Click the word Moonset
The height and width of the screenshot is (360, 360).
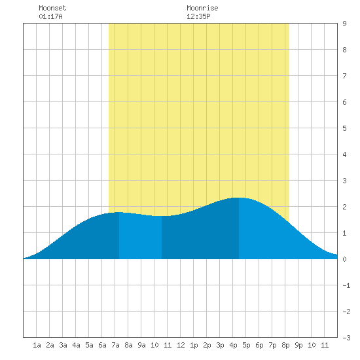(52, 8)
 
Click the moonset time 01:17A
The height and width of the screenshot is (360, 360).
(50, 16)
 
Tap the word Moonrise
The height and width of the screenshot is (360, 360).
(202, 8)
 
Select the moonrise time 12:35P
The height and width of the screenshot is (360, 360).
(198, 16)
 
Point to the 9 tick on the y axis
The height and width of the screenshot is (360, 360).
(344, 24)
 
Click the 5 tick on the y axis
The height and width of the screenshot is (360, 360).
(344, 128)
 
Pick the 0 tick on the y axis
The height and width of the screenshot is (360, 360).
(344, 259)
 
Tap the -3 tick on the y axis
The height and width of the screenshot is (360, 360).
(346, 338)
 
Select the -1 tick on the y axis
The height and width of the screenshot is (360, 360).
(346, 285)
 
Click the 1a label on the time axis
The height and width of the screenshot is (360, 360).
(37, 345)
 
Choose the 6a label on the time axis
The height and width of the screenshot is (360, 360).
(102, 345)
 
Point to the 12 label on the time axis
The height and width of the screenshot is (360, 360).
(181, 345)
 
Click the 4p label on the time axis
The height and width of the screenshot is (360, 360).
(233, 345)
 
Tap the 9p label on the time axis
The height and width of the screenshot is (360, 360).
(298, 345)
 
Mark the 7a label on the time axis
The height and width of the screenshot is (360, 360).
(115, 345)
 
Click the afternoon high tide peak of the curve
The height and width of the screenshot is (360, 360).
(239, 198)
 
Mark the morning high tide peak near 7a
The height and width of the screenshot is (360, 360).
(118, 212)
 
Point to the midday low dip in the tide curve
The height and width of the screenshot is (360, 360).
(162, 216)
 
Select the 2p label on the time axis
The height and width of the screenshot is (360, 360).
(207, 345)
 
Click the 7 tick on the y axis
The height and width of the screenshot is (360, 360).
(344, 76)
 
